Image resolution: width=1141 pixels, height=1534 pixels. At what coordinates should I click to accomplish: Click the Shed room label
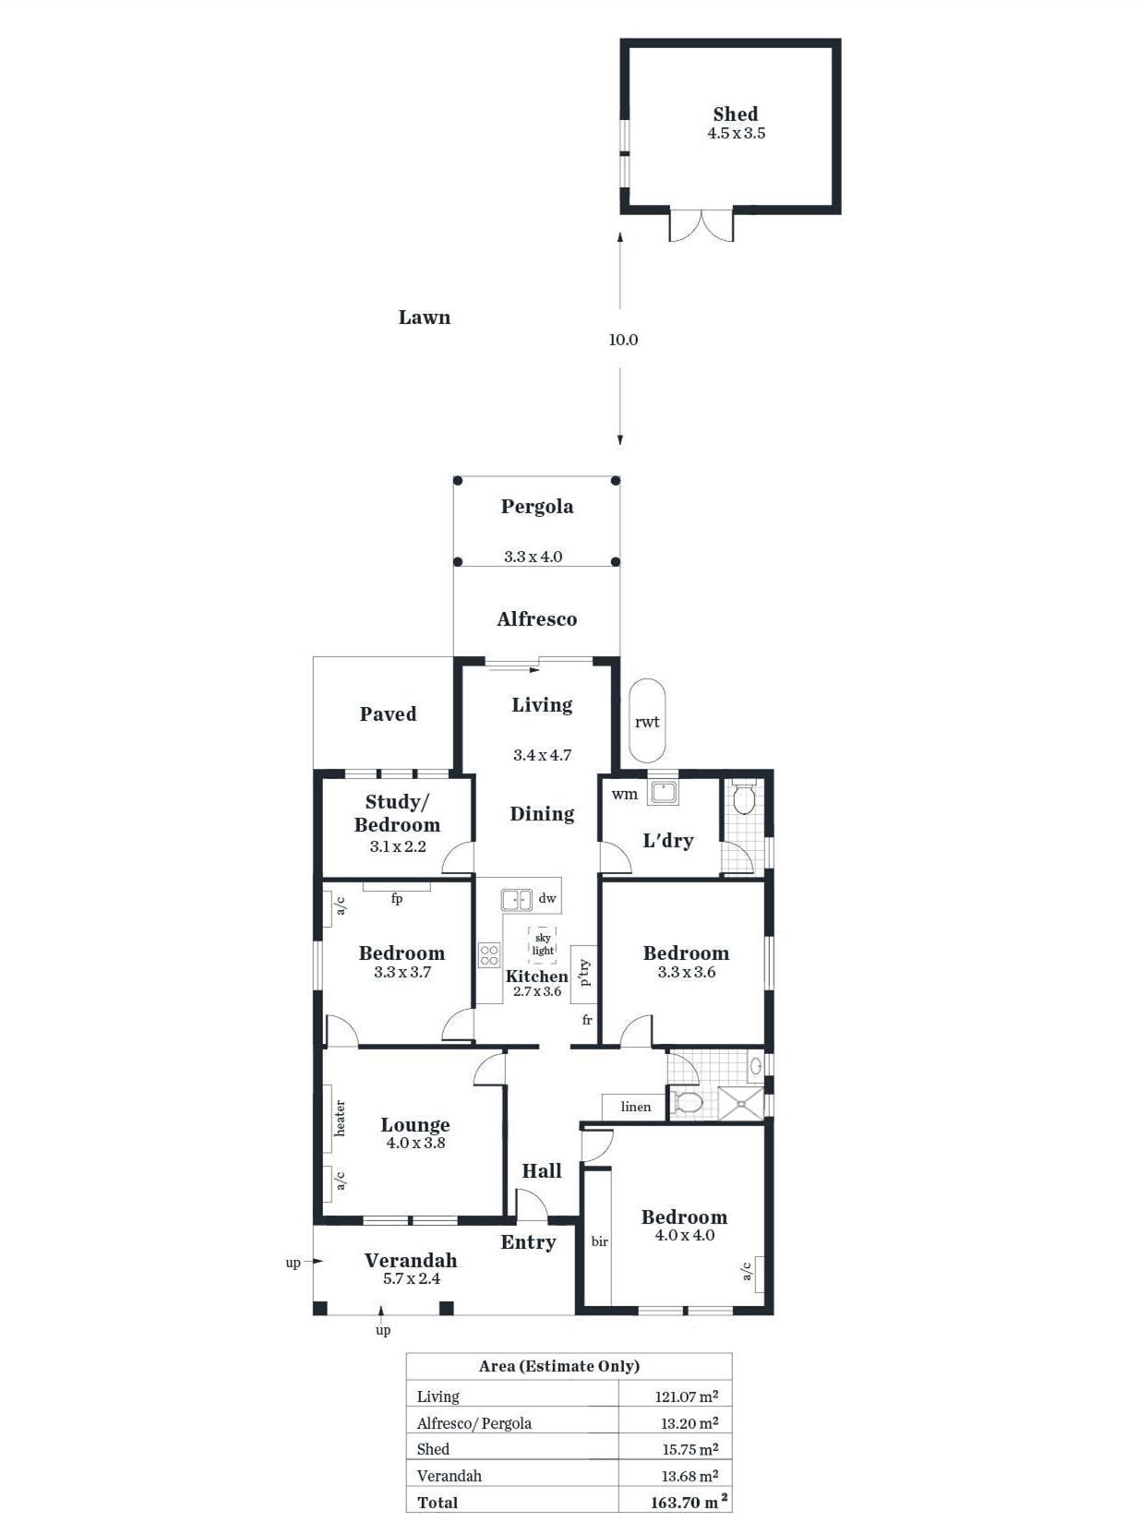(x=736, y=114)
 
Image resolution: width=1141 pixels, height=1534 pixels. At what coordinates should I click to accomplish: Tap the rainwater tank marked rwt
(x=647, y=721)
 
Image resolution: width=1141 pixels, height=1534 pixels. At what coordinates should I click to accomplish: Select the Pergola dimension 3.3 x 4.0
(x=533, y=557)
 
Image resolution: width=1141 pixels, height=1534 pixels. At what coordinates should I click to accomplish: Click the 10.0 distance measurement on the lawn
(x=623, y=340)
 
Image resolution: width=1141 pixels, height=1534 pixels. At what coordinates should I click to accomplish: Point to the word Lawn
(x=424, y=318)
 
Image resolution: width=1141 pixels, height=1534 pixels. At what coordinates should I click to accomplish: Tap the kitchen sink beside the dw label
(x=517, y=900)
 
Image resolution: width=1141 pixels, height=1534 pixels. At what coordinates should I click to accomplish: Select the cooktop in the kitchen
(x=489, y=955)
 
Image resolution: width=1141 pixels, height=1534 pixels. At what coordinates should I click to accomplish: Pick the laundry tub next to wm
(x=663, y=793)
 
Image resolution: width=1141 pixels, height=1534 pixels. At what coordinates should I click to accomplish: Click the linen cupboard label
(x=635, y=1107)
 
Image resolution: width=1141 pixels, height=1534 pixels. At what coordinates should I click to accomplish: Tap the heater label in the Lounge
(x=339, y=1118)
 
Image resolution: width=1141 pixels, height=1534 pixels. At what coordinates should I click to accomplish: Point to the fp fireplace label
(x=396, y=898)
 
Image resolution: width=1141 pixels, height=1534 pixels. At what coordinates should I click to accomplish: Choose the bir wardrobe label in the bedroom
(x=599, y=1241)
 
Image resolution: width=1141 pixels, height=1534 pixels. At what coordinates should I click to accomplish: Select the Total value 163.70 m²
(x=689, y=1503)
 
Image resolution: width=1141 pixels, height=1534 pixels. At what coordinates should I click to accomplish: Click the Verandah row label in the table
(x=449, y=1476)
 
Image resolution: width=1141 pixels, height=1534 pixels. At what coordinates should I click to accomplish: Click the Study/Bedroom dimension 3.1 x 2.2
(x=397, y=846)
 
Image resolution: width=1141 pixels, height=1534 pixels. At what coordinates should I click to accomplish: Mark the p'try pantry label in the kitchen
(x=584, y=973)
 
